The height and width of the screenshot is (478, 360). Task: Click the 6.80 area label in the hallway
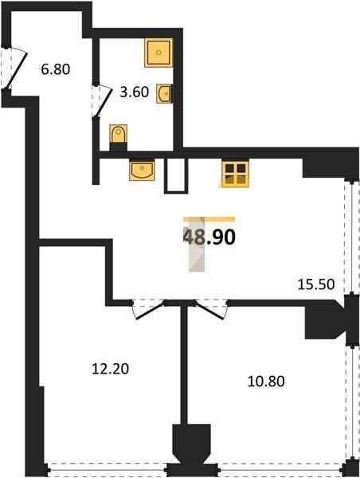pyautogui.click(x=56, y=69)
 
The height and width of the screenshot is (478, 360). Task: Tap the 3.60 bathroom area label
pyautogui.click(x=134, y=92)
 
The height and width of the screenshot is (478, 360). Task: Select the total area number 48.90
pyautogui.click(x=209, y=237)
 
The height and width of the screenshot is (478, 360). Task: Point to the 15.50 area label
pyautogui.click(x=316, y=284)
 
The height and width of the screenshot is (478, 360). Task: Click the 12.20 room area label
pyautogui.click(x=111, y=369)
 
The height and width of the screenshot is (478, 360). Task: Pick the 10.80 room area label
pyautogui.click(x=266, y=382)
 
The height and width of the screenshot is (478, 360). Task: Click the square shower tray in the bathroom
pyautogui.click(x=158, y=53)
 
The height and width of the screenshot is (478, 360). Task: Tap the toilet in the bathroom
pyautogui.click(x=118, y=138)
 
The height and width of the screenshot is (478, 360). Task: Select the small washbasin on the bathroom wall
pyautogui.click(x=165, y=93)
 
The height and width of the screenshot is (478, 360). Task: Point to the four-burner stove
pyautogui.click(x=236, y=174)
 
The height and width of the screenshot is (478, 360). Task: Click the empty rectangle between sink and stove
pyautogui.click(x=176, y=176)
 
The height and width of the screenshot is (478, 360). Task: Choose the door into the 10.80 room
pyautogui.click(x=211, y=309)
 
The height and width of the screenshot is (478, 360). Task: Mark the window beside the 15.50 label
pyautogui.click(x=350, y=237)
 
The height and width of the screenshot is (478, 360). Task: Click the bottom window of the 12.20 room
pyautogui.click(x=107, y=472)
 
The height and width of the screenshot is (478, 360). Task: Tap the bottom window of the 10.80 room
pyautogui.click(x=280, y=472)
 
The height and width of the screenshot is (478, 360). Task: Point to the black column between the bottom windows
pyautogui.click(x=192, y=448)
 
